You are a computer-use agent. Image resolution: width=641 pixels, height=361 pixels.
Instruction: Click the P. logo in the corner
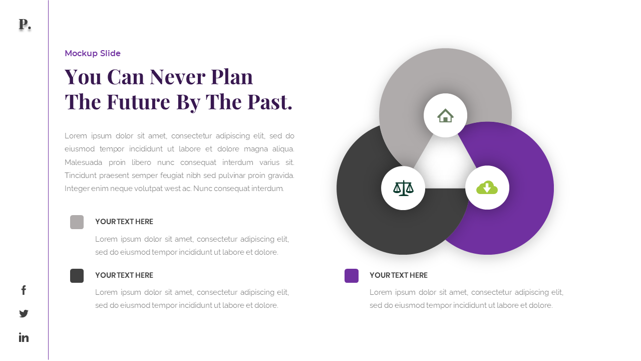(x=24, y=24)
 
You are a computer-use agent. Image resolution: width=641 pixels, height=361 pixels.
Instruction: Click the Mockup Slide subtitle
(x=93, y=54)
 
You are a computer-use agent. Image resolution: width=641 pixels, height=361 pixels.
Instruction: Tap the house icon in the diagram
(x=445, y=115)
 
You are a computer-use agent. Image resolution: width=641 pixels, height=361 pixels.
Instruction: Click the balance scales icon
(x=403, y=188)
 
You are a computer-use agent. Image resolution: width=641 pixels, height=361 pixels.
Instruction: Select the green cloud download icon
(x=487, y=188)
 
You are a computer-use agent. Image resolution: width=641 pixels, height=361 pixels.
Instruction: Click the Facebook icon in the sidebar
(x=24, y=290)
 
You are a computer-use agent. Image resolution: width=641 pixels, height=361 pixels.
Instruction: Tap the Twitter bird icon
(x=24, y=313)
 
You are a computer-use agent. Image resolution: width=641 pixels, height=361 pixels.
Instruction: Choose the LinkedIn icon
(x=24, y=337)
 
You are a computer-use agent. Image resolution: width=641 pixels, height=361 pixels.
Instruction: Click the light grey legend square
(x=77, y=222)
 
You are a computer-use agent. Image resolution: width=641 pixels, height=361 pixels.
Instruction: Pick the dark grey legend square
(x=77, y=276)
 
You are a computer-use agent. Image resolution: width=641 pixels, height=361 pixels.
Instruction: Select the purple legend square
(x=352, y=276)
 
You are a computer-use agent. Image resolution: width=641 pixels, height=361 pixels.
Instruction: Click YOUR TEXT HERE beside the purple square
(x=399, y=275)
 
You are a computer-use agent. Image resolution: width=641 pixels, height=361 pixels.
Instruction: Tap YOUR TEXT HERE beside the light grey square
(x=124, y=222)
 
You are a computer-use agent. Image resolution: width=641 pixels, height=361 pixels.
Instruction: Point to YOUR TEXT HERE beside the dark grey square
(x=124, y=275)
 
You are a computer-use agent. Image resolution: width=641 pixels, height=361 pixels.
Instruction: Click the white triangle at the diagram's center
(x=445, y=165)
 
